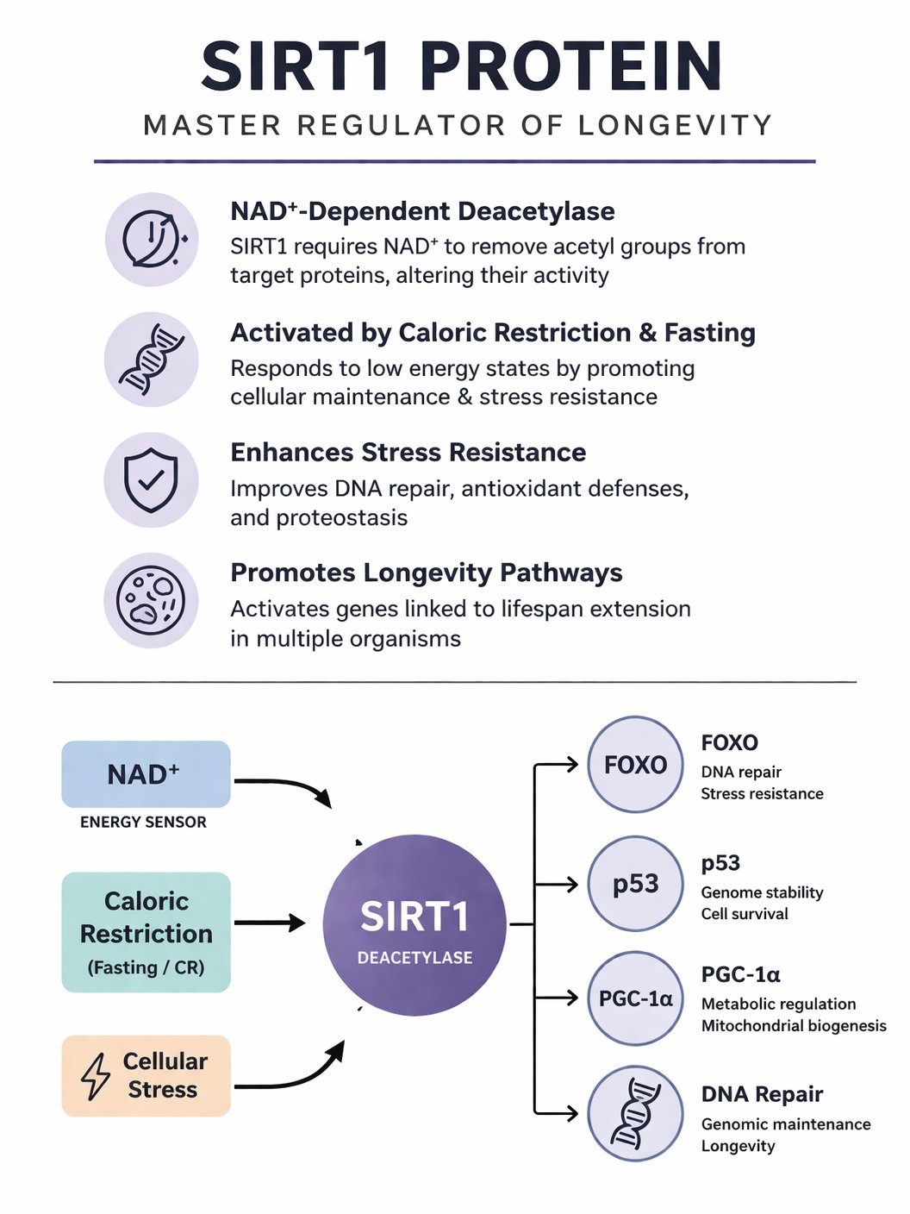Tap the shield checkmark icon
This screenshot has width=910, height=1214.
151,480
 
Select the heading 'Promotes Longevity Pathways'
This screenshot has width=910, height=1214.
426,573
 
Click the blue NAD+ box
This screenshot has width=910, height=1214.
146,774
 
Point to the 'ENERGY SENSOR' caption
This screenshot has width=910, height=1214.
143,823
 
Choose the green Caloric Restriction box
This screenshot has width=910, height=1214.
146,932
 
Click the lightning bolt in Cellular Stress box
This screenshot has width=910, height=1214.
96,1076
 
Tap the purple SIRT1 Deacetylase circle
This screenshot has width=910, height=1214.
414,924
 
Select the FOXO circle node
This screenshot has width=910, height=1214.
635,764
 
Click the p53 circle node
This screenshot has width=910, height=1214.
635,884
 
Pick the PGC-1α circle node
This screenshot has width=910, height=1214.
635,998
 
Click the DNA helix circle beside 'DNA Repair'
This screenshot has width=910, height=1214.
635,1113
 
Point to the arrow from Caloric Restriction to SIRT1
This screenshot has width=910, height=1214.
270,923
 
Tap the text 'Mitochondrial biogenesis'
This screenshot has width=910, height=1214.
794,1026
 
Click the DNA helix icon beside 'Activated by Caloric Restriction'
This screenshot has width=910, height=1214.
151,360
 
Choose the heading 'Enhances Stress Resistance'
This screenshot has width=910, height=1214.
408,453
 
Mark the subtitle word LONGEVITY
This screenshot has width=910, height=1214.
675,126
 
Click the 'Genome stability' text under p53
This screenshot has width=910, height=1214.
762,892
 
